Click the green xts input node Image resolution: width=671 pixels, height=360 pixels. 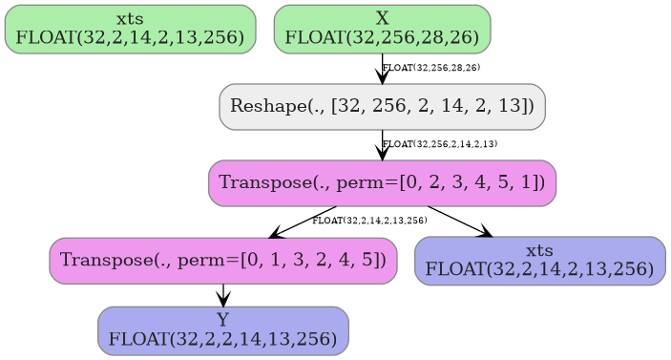(130, 29)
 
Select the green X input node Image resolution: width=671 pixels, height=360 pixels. (382, 29)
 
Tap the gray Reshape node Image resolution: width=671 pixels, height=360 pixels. (382, 106)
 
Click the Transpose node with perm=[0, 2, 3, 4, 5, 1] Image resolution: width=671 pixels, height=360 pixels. (382, 182)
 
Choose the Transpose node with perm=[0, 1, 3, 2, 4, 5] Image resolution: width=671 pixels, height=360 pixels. (223, 260)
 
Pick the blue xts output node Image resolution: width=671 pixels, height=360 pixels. (539, 261)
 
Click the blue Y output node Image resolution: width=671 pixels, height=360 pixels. (223, 330)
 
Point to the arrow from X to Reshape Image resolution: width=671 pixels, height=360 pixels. (382, 72)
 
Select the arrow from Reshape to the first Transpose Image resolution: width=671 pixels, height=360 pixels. (382, 147)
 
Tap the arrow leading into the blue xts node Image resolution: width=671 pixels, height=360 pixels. (460, 222)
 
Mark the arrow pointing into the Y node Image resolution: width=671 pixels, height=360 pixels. (223, 295)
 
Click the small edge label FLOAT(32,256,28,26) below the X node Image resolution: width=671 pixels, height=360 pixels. (431, 68)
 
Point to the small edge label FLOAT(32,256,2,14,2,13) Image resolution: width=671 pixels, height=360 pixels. (440, 144)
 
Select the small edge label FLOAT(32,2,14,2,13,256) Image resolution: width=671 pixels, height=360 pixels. (369, 221)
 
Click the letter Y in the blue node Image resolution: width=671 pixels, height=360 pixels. (223, 320)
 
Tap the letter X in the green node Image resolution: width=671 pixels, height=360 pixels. (382, 18)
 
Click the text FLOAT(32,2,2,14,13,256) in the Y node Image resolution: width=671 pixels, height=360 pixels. (223, 338)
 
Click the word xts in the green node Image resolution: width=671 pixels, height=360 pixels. (130, 18)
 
